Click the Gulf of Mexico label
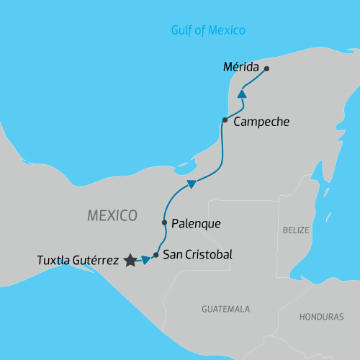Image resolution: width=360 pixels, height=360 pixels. point(208,30)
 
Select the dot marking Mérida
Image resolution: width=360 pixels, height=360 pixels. point(266,69)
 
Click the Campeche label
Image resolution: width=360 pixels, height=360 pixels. point(261,122)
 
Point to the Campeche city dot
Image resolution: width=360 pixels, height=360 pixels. point(225,120)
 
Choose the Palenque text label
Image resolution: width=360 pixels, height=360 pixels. point(197,223)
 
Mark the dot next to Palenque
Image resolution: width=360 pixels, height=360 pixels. point(165,222)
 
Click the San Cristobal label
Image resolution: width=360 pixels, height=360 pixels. point(198,254)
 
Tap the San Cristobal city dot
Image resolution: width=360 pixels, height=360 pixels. point(156,255)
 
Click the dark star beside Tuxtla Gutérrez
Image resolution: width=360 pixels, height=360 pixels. point(130,261)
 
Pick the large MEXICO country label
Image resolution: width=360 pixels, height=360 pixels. point(112,215)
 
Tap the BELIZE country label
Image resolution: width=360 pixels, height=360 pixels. point(295,230)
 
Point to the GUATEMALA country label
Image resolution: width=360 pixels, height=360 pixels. point(225,308)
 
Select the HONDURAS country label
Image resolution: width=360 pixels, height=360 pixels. point(322,317)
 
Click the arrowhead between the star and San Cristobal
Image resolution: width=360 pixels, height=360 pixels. point(146,259)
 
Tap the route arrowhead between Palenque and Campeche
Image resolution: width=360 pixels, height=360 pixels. point(192,184)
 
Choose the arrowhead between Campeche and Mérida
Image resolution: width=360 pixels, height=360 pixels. point(243,95)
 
